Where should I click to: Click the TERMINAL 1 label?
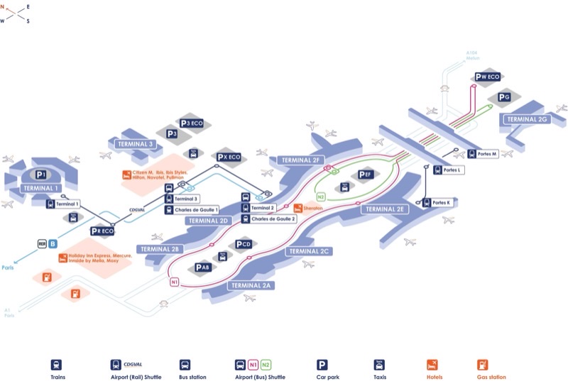(x=39, y=188)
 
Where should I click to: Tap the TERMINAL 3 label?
(x=135, y=144)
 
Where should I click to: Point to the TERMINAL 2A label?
(x=252, y=285)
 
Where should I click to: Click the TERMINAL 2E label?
(x=384, y=209)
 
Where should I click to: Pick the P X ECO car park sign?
(x=229, y=157)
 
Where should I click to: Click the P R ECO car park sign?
(x=103, y=231)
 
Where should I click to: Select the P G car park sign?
(x=504, y=97)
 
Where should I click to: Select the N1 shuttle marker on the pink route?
(x=175, y=282)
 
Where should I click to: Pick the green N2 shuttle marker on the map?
(x=321, y=197)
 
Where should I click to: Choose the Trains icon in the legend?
(x=56, y=365)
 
